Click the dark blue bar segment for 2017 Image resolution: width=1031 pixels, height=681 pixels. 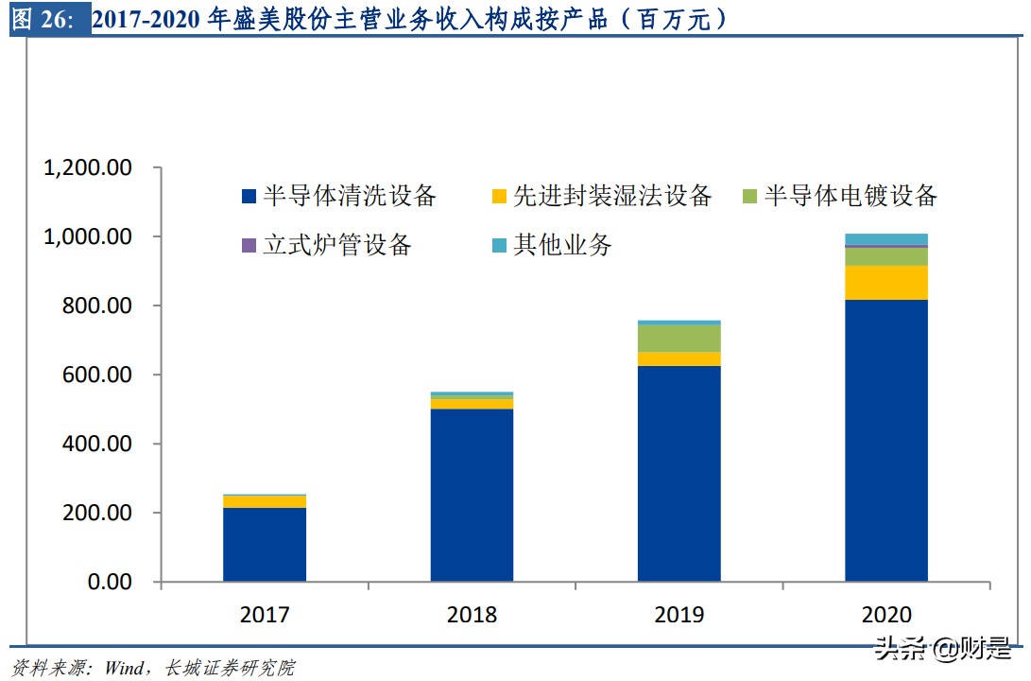(x=265, y=544)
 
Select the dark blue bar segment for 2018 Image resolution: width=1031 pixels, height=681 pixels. (x=472, y=495)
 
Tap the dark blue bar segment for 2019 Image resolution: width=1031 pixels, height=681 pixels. (x=679, y=473)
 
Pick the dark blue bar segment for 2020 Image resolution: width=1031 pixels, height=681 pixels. (x=885, y=440)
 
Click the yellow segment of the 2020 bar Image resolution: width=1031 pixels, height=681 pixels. (x=885, y=283)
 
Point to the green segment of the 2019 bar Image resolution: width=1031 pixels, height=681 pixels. (x=679, y=339)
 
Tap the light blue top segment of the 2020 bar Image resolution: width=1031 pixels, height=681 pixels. (x=885, y=239)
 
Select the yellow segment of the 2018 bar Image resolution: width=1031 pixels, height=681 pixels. (x=472, y=404)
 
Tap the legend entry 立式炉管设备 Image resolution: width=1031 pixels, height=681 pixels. (x=327, y=246)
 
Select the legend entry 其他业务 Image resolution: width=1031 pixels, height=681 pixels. (x=552, y=246)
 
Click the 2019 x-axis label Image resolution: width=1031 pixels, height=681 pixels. (x=679, y=616)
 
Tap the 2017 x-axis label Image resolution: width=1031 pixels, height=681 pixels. (x=265, y=616)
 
